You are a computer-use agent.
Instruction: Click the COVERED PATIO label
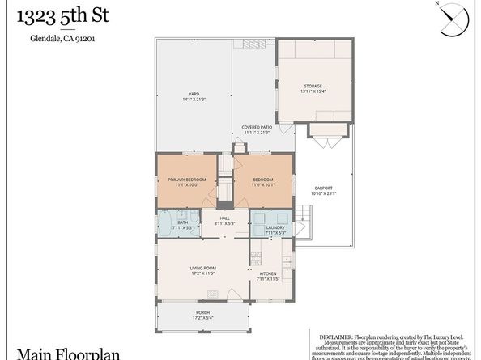(x=256, y=129)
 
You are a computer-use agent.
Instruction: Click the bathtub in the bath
(x=164, y=223)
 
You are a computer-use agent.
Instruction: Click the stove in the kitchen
(x=255, y=260)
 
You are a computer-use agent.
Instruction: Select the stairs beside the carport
(x=302, y=218)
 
